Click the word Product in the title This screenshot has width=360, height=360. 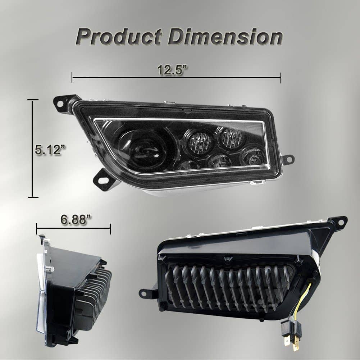(x=119, y=37)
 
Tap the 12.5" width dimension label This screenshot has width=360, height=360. (x=173, y=69)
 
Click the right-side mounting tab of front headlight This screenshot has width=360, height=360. (x=288, y=159)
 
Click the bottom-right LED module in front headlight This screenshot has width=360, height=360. (x=252, y=156)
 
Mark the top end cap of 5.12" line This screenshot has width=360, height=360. (x=33, y=100)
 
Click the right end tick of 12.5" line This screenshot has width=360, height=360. (x=280, y=77)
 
